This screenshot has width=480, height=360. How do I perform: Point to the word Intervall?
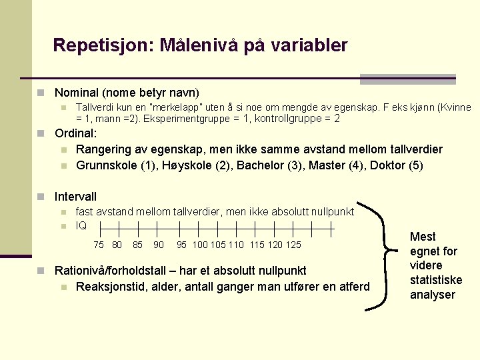[75, 197]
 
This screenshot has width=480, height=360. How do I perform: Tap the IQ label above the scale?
[81, 225]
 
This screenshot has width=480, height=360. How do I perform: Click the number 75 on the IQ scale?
[98, 245]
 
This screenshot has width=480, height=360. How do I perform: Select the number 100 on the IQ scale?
[199, 245]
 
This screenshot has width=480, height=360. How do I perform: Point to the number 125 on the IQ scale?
[293, 245]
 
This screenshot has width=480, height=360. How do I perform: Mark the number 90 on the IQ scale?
[158, 245]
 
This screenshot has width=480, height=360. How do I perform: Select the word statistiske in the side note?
[435, 280]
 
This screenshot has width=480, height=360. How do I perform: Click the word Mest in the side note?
[423, 237]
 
